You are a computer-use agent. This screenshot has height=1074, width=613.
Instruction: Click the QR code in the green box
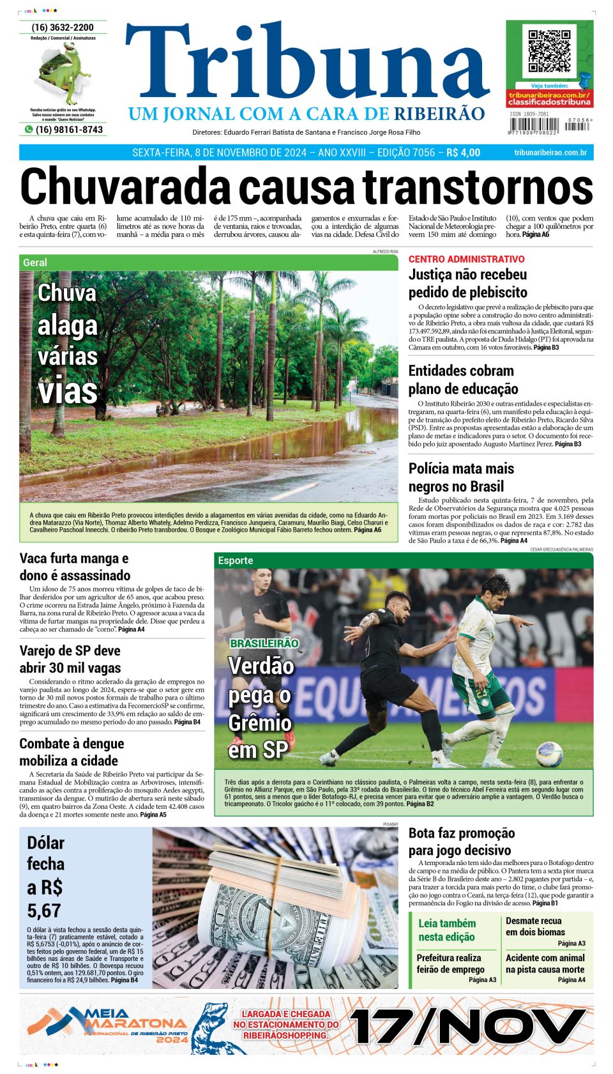[x=549, y=50]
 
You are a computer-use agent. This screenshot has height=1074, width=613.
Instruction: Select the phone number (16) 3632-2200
[x=63, y=27]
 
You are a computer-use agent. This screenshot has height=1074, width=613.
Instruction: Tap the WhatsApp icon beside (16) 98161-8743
[x=28, y=129]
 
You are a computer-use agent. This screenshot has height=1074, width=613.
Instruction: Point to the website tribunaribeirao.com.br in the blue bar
[x=550, y=153]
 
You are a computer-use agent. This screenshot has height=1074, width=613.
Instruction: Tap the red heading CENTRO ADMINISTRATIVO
[x=466, y=259]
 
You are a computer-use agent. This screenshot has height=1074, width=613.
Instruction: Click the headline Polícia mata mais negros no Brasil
[x=461, y=477]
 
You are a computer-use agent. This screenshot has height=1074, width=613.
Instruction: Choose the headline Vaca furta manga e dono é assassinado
[x=75, y=567]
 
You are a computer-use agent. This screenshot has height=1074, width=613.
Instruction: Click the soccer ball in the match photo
[x=549, y=755]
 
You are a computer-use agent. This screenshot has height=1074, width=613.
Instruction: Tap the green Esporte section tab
[x=236, y=560]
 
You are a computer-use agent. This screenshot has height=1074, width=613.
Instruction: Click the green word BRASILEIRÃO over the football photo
[x=264, y=643]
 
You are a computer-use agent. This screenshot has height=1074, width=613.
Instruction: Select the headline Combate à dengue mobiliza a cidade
[x=72, y=752]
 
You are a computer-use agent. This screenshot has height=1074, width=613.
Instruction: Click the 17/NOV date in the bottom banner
[x=468, y=1027]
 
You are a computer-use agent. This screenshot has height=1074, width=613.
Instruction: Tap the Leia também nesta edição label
[x=447, y=930]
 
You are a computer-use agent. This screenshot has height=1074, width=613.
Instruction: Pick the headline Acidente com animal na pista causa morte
[x=545, y=963]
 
